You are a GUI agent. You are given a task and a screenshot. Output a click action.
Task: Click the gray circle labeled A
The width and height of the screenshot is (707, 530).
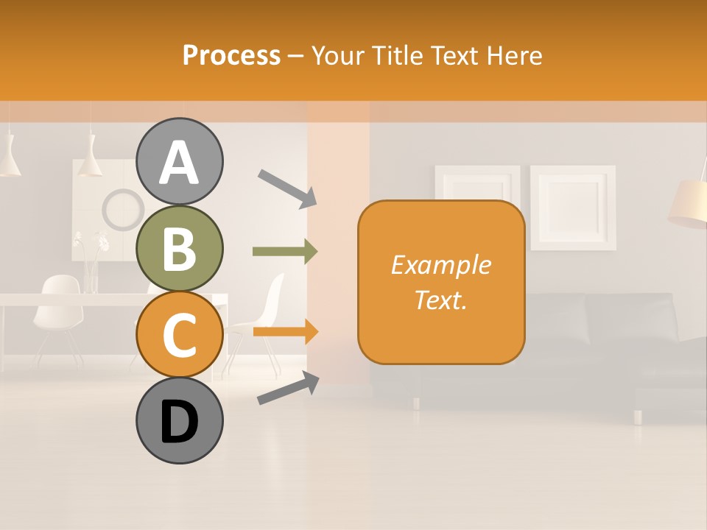(179, 161)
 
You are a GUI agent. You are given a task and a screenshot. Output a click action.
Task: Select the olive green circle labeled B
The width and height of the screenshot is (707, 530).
(179, 248)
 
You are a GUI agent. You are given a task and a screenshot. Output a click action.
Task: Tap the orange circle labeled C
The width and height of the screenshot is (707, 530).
(179, 334)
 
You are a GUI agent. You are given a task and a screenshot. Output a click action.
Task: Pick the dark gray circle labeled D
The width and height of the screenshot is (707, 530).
(179, 420)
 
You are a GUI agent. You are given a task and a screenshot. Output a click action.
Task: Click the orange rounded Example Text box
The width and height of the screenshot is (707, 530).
(441, 282)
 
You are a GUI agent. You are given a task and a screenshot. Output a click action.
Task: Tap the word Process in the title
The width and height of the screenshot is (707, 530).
(231, 55)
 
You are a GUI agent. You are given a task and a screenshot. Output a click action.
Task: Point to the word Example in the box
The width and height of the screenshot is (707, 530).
(440, 265)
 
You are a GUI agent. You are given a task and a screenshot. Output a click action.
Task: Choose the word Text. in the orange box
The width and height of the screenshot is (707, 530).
(440, 300)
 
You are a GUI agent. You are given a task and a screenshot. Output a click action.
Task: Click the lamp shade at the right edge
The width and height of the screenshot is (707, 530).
(689, 202)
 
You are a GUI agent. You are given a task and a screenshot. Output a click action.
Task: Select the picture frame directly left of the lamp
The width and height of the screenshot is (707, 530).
(573, 207)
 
